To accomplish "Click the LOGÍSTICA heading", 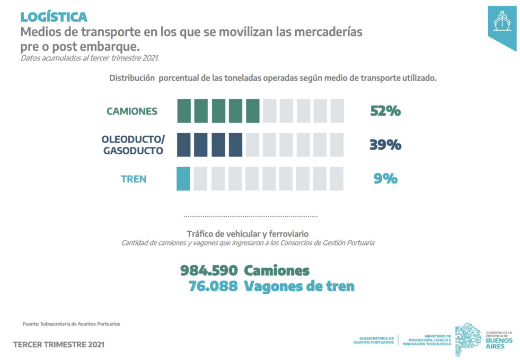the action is click(x=54, y=17).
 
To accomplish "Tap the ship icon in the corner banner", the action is click(x=502, y=21).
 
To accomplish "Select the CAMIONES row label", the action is click(x=131, y=111).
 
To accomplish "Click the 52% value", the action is click(x=385, y=111).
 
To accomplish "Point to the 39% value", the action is click(x=385, y=145).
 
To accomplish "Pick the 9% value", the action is click(x=385, y=179).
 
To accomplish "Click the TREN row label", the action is click(x=134, y=179).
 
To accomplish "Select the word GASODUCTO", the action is click(x=133, y=151).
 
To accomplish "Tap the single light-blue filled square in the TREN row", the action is click(x=183, y=179).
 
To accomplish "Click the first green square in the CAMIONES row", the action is click(x=184, y=111).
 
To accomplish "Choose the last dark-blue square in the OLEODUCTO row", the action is click(x=235, y=145).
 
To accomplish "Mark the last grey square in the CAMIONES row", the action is click(x=337, y=111).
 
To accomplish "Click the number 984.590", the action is click(x=209, y=270).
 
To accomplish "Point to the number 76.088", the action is click(x=213, y=286).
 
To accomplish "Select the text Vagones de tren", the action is click(x=299, y=286).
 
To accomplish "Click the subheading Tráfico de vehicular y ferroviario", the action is click(x=248, y=234).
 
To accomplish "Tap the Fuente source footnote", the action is click(x=72, y=324).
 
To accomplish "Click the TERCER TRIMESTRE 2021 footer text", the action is click(x=59, y=345).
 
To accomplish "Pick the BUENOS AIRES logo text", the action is click(x=499, y=344).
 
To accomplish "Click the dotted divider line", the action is click(x=251, y=216).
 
